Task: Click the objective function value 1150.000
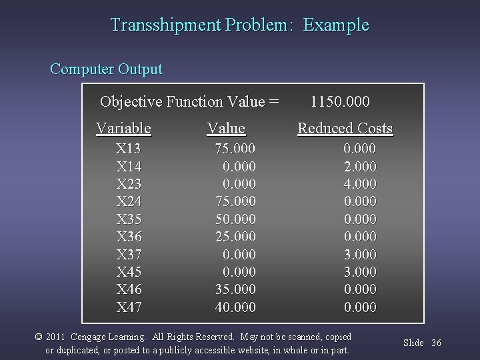tap(341, 102)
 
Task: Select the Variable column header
tap(123, 128)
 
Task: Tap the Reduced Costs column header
tap(345, 128)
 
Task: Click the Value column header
tap(226, 128)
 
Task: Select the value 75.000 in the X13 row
tap(234, 148)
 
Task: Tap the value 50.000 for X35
tap(234, 219)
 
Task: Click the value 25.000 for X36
tap(234, 237)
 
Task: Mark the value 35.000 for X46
tap(234, 289)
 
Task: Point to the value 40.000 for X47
tap(234, 307)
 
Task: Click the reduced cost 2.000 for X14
tap(359, 166)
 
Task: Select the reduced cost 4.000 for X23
tap(359, 183)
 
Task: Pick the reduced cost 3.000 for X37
tap(359, 254)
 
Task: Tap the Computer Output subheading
tap(106, 69)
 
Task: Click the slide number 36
tap(437, 343)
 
